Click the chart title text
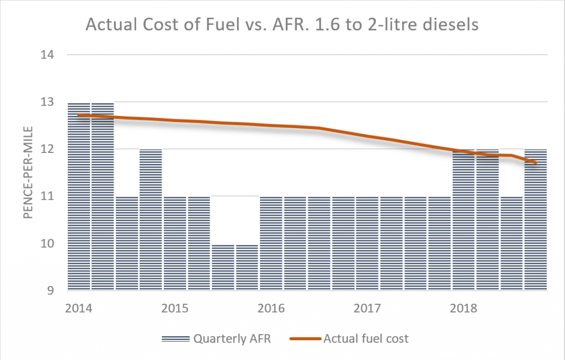[x=281, y=25]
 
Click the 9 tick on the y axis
[x=54, y=291]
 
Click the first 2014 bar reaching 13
[x=79, y=196]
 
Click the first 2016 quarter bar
[x=271, y=243]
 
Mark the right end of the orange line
[x=536, y=162]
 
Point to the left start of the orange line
[x=79, y=115]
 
